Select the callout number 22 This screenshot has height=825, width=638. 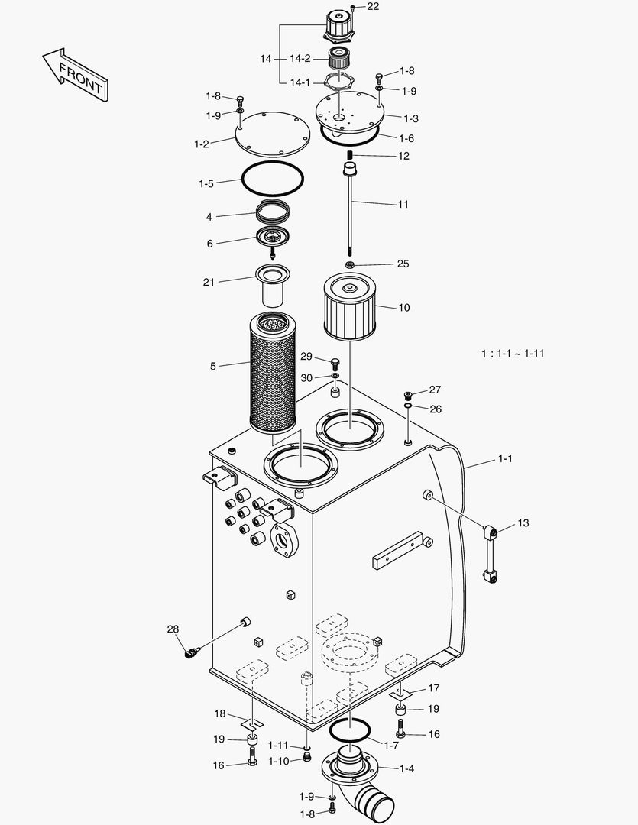coord(372,7)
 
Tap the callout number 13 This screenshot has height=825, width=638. coord(523,523)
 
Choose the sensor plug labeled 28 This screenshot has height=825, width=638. coord(191,652)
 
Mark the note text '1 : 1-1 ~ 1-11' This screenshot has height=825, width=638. coord(512,354)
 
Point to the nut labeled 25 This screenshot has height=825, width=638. coord(350,264)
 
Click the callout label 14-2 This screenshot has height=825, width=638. coord(300,59)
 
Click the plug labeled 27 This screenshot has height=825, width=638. coord(410,394)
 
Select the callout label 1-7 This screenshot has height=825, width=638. coord(390,745)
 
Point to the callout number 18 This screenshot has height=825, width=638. coord(220,714)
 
